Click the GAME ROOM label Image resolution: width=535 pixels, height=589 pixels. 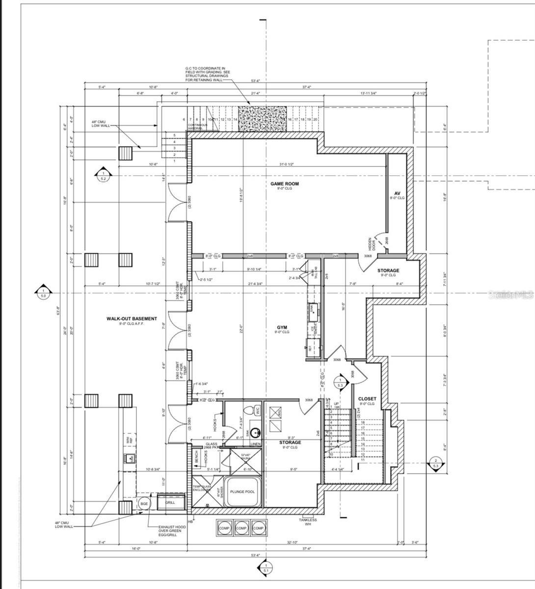(285, 184)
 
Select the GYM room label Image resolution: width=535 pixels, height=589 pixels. (282, 327)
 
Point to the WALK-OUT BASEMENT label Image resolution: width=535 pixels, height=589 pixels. (132, 319)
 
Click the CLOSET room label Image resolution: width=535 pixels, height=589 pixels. (367, 399)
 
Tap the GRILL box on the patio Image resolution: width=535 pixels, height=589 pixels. (170, 503)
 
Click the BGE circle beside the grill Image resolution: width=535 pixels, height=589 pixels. (144, 504)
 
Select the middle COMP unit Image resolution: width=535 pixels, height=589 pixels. (241, 528)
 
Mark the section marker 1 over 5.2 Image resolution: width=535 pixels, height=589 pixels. (103, 176)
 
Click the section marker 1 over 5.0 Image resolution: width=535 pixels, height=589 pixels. (43, 293)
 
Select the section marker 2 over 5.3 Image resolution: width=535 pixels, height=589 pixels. (435, 464)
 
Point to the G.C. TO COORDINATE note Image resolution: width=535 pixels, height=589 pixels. (205, 74)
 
